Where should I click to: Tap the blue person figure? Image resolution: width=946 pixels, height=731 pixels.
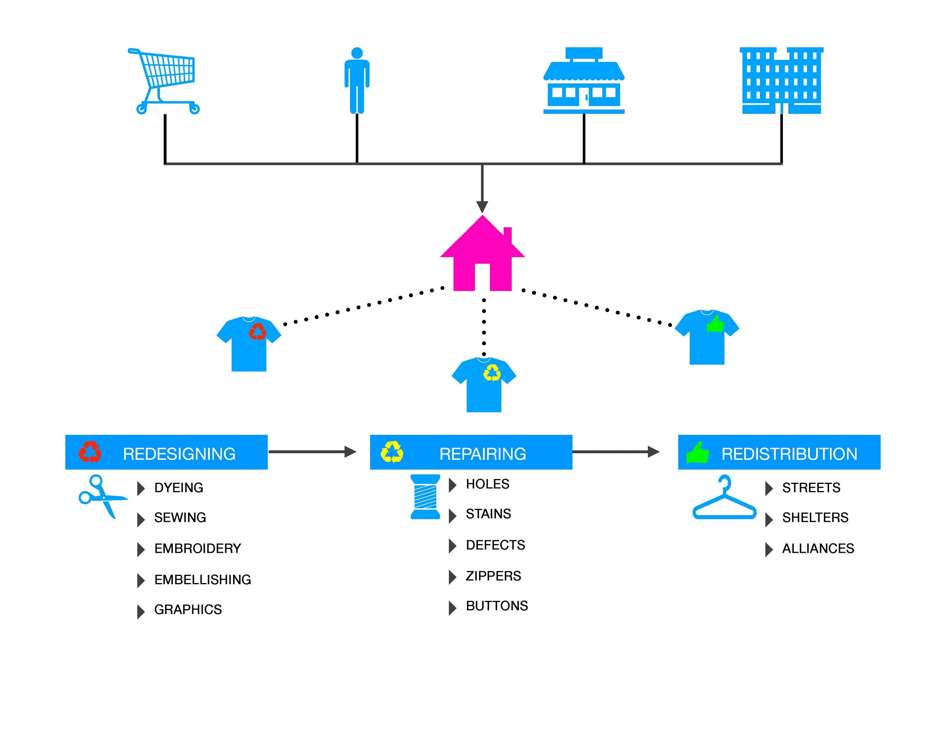coord(356,81)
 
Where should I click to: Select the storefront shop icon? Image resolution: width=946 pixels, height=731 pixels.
coord(583,81)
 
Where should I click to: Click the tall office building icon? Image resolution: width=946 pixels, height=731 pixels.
coord(781,81)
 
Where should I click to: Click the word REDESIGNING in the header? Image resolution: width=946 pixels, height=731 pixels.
coord(179,454)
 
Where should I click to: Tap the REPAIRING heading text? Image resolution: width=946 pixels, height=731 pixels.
coord(482,454)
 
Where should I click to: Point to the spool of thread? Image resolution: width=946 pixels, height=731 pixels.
coord(425,497)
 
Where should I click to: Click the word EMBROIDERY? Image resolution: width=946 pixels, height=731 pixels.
coord(198,549)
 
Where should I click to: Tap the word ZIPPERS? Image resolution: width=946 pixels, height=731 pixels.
coord(493,576)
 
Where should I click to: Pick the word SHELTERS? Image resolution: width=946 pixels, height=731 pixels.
coord(815,518)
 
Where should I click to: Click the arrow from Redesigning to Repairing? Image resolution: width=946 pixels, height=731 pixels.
coord(312,452)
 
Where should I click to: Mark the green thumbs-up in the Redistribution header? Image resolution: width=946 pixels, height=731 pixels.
coord(697,453)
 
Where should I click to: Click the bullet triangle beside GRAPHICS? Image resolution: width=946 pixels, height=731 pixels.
coord(140,611)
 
